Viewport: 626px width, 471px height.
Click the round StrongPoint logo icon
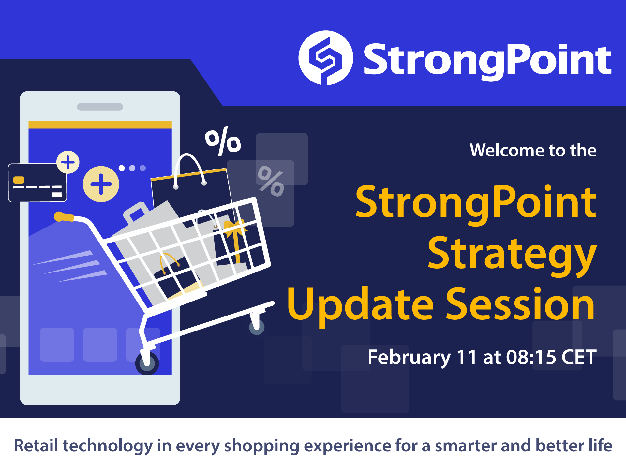[x=326, y=58]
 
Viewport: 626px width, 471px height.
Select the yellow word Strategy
[x=512, y=255]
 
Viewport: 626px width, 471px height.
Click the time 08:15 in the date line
[x=531, y=357]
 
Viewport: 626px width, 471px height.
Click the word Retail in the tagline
[x=36, y=446]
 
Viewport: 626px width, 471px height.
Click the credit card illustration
[x=37, y=183]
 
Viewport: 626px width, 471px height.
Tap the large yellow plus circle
[x=101, y=184]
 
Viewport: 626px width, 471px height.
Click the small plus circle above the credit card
[x=68, y=162]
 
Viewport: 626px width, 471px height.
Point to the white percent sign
[x=223, y=141]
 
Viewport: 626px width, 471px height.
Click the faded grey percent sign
[x=271, y=181]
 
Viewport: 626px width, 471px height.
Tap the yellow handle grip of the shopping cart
[x=64, y=217]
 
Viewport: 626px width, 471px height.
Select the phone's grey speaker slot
[x=100, y=107]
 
